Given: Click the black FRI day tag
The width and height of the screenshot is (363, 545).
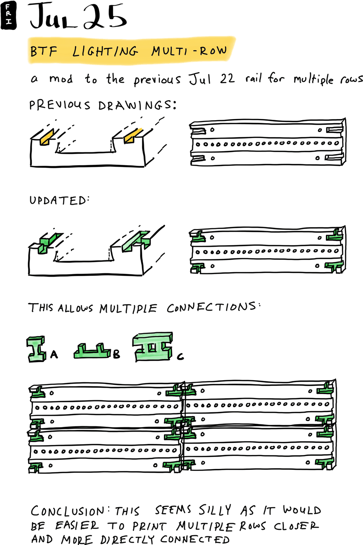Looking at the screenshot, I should coord(8,15).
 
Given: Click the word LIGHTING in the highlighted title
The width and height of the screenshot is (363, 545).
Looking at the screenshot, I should coord(105,51).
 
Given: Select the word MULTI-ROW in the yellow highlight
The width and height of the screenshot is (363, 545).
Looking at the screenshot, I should coord(189,51).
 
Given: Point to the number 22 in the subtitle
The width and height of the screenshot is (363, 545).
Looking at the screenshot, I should coord(227,79).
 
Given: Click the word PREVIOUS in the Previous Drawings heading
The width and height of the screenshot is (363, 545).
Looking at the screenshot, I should coord(60,105).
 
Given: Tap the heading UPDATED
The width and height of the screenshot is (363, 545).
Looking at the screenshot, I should coord(59,200).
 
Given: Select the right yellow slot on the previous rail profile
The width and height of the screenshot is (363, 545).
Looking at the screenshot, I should coord(133,135).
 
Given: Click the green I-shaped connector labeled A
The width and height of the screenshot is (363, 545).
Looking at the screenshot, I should coord(36,349).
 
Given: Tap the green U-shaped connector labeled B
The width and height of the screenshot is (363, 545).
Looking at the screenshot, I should coord(92,351).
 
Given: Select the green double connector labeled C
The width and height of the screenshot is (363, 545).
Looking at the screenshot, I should coord(153,347).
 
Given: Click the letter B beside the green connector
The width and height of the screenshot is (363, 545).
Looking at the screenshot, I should coord(116,354).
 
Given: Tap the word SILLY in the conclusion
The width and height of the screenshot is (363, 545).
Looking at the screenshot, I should coord(215,510).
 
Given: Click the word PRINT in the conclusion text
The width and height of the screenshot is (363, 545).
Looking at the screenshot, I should coord(149,526).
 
